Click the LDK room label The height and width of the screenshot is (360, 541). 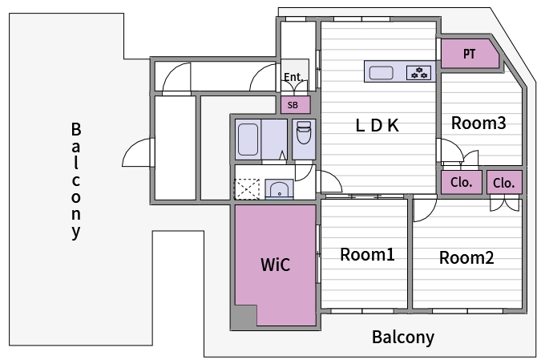pos(377,125)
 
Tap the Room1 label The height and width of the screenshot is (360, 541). pos(367,255)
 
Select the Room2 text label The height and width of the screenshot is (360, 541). pos(466,258)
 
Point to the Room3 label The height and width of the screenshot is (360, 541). pos(478,123)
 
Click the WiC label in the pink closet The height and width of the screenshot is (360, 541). pos(276,265)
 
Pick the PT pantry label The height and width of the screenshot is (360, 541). pos(469,54)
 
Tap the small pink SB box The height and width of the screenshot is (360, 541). pos(295,105)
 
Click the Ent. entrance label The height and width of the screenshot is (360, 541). pos(293,77)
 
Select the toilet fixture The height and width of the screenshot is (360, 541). pos(304,132)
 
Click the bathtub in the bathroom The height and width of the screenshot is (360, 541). pos(248,140)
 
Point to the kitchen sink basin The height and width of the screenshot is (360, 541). pos(381,73)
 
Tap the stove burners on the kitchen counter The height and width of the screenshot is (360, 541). pos(419,73)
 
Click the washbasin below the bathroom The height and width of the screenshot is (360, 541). pos(279,189)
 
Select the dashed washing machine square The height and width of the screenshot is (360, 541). pos(247,189)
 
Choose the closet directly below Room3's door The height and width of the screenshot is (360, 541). pos(462,182)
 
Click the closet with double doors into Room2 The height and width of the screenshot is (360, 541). pos(504,182)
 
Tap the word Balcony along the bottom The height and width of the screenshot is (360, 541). pos(403,337)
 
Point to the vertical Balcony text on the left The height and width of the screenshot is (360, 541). pos(76,180)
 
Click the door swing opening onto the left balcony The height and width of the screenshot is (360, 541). pos(136,152)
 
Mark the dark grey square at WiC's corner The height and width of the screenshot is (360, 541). pos(244,318)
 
